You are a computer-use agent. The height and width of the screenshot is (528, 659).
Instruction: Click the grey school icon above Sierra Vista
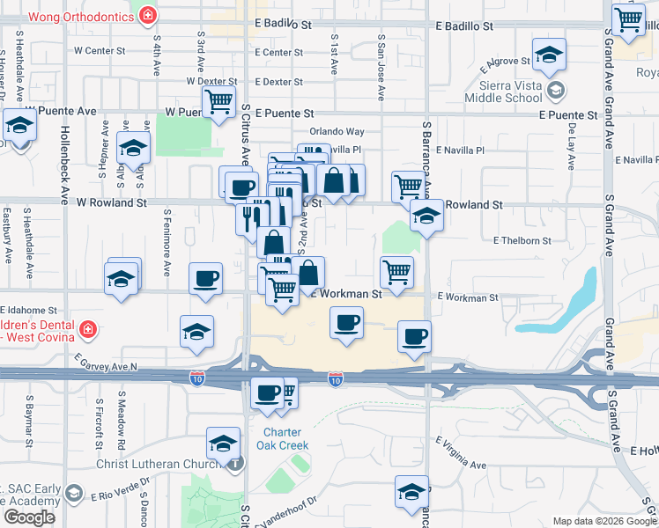(555, 90)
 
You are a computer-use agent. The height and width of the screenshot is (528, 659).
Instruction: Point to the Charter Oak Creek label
(283, 438)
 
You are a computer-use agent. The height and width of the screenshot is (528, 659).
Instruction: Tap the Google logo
(29, 517)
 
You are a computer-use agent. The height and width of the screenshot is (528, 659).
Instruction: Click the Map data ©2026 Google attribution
(604, 521)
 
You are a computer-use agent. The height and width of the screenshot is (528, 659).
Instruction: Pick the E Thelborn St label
(522, 239)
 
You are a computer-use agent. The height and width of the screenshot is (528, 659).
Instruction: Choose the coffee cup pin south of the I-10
(267, 393)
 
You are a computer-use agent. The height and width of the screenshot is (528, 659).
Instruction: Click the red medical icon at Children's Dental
(87, 331)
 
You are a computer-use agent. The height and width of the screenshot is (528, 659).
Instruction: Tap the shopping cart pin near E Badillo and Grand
(628, 19)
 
